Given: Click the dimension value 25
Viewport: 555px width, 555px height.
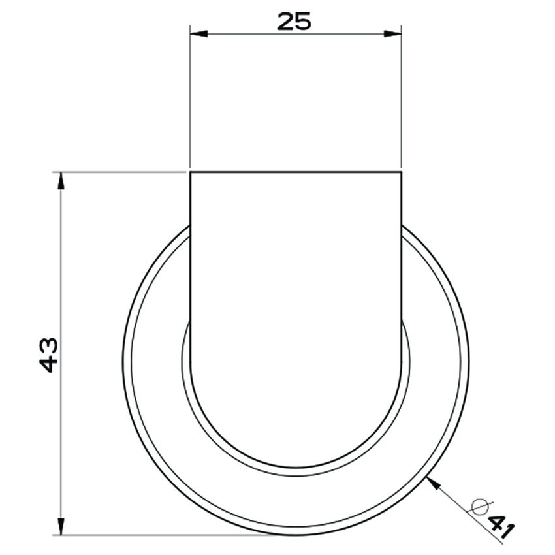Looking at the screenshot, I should (294, 21).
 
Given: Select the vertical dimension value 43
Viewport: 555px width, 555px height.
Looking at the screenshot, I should (50, 354).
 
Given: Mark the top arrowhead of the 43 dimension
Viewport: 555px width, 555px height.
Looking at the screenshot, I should (61, 180).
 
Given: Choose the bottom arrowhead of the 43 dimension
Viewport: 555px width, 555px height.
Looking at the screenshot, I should (61, 527).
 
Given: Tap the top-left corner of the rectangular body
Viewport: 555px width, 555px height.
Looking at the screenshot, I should (190, 172).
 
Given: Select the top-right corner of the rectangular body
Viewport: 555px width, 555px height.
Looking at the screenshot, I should (401, 172).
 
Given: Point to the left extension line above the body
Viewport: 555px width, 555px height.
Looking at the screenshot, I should (190, 98).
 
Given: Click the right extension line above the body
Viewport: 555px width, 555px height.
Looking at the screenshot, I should (401, 98).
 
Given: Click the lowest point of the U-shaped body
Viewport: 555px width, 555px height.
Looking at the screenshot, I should (296, 468).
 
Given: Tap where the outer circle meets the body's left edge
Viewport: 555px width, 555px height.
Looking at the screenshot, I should (190, 226).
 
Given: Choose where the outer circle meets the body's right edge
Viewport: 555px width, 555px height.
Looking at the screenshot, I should (401, 226).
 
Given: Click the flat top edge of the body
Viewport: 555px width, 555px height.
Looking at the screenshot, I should (296, 172).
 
